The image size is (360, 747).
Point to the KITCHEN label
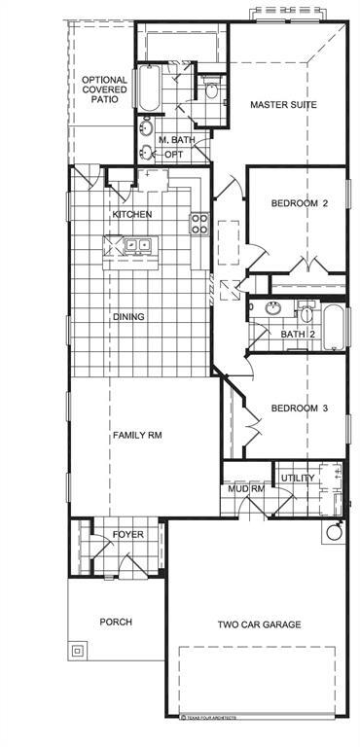(131, 214)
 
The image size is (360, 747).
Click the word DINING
(128, 316)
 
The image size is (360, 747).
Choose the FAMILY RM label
(136, 435)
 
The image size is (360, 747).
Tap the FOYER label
(127, 535)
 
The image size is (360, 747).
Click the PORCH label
(116, 622)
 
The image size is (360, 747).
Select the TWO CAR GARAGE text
(259, 624)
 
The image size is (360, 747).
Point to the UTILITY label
(298, 479)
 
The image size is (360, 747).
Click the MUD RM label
(247, 488)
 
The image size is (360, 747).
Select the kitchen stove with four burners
(198, 225)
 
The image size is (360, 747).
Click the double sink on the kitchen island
(136, 245)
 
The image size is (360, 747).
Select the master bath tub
(148, 89)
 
